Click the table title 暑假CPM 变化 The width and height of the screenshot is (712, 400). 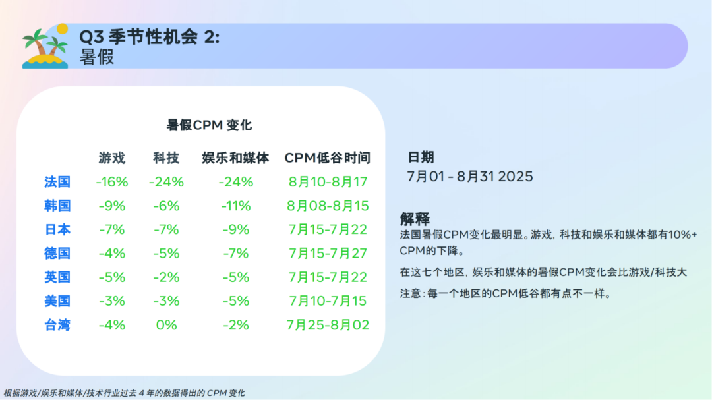tap(210, 125)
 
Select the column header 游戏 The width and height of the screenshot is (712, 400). tap(112, 158)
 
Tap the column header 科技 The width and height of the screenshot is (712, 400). tap(166, 158)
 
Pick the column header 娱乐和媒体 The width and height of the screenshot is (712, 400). tap(235, 158)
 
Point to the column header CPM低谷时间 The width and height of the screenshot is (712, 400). tap(328, 158)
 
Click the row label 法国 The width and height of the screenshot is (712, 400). tap(57, 182)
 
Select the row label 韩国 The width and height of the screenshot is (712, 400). tap(57, 206)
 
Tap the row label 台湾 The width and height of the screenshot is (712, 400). tap(57, 325)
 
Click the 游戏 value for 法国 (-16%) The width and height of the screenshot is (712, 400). tap(112, 182)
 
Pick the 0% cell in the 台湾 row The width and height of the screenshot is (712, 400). tap(166, 325)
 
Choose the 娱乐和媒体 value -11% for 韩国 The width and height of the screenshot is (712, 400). tap(235, 206)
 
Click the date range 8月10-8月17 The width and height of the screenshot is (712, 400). tap(328, 182)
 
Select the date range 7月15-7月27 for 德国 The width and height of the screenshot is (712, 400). tap(328, 254)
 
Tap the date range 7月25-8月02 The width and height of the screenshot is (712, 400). tap(328, 325)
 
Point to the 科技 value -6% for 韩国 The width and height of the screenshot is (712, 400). tap(166, 206)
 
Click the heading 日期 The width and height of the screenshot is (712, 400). tap(421, 157)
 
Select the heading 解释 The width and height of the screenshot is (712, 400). tap(415, 219)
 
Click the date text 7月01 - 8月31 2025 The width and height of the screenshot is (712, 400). tap(470, 177)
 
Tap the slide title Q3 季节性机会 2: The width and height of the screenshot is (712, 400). tap(149, 38)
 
